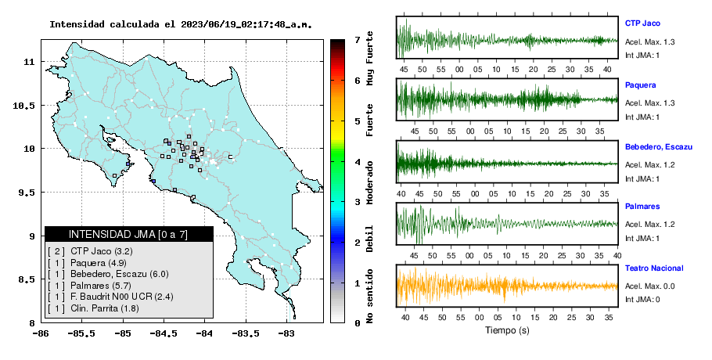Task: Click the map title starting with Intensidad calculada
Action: [181, 24]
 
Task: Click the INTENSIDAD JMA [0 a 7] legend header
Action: [128, 234]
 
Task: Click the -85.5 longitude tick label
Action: [82, 333]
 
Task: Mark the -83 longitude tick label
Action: [286, 333]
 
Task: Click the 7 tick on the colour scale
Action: [358, 40]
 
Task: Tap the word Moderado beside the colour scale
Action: [369, 182]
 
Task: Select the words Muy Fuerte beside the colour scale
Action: [369, 58]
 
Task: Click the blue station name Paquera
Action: [640, 85]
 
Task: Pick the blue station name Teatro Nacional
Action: [654, 268]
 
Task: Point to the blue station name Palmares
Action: [642, 207]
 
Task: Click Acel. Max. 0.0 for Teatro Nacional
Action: [649, 286]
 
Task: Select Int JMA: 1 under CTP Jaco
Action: [642, 56]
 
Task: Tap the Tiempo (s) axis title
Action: [507, 330]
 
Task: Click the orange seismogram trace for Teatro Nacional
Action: [507, 286]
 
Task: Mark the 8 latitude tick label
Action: [32, 323]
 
